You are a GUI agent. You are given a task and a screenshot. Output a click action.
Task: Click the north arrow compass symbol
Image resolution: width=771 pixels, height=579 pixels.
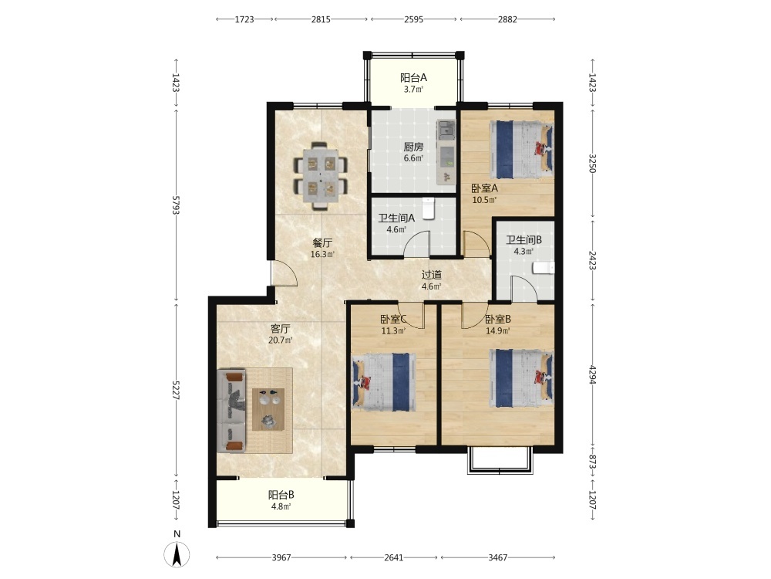tap(177, 554)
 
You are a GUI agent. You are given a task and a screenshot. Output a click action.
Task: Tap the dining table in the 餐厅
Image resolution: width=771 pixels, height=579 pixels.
tap(321, 175)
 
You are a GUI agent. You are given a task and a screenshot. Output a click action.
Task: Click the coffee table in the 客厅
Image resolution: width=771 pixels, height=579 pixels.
tap(268, 409)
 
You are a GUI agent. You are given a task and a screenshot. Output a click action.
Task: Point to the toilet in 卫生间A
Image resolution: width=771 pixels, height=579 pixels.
tap(429, 208)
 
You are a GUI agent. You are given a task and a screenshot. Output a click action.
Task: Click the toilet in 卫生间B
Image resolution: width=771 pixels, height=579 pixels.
tap(544, 268)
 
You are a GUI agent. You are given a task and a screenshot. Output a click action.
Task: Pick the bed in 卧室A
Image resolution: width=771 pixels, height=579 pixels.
tap(521, 151)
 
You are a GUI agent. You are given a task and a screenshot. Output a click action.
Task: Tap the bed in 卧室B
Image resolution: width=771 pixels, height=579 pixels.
tap(521, 378)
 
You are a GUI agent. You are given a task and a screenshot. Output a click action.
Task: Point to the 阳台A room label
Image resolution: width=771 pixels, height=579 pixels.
tap(413, 77)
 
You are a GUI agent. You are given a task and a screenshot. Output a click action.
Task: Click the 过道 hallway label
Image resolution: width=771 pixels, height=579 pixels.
tap(431, 275)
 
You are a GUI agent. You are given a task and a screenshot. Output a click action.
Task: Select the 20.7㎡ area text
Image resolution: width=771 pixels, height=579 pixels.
tap(281, 340)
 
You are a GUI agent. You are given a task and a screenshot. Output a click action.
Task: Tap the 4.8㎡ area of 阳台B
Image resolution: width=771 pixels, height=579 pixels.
tap(281, 506)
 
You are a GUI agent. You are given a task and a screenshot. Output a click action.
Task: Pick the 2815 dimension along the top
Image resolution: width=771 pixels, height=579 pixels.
tap(321, 19)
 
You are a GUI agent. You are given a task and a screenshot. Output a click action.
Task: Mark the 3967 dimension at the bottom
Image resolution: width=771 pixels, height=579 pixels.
tap(281, 557)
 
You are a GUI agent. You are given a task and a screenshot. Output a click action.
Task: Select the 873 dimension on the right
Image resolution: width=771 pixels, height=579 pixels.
tap(592, 462)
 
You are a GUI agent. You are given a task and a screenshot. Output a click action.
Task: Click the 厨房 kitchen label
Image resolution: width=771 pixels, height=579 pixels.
tap(413, 147)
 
